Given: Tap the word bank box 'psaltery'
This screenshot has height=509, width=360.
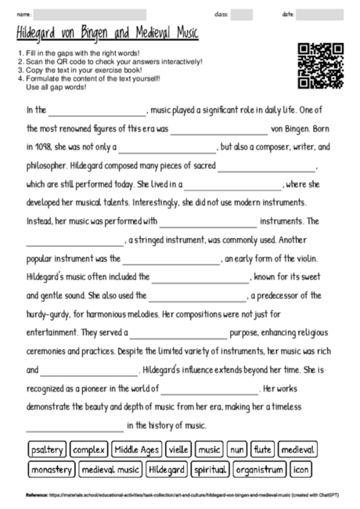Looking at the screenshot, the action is click(46, 450).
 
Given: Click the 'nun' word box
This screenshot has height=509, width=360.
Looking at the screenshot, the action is click(238, 450).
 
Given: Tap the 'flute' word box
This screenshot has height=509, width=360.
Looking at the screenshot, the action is click(263, 450).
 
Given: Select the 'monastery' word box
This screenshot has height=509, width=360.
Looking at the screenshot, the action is click(52, 470).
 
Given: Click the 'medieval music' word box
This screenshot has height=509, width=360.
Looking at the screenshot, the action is click(110, 470).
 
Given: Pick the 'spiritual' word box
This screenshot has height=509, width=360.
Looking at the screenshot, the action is click(210, 470).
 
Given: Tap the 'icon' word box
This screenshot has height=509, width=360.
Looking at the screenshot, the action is click(301, 470).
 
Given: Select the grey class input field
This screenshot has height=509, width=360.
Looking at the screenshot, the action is click(242, 14).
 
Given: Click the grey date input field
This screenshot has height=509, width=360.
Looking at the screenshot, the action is click(315, 14).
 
